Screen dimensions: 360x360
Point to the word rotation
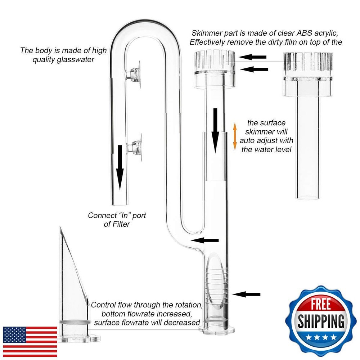183,305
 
